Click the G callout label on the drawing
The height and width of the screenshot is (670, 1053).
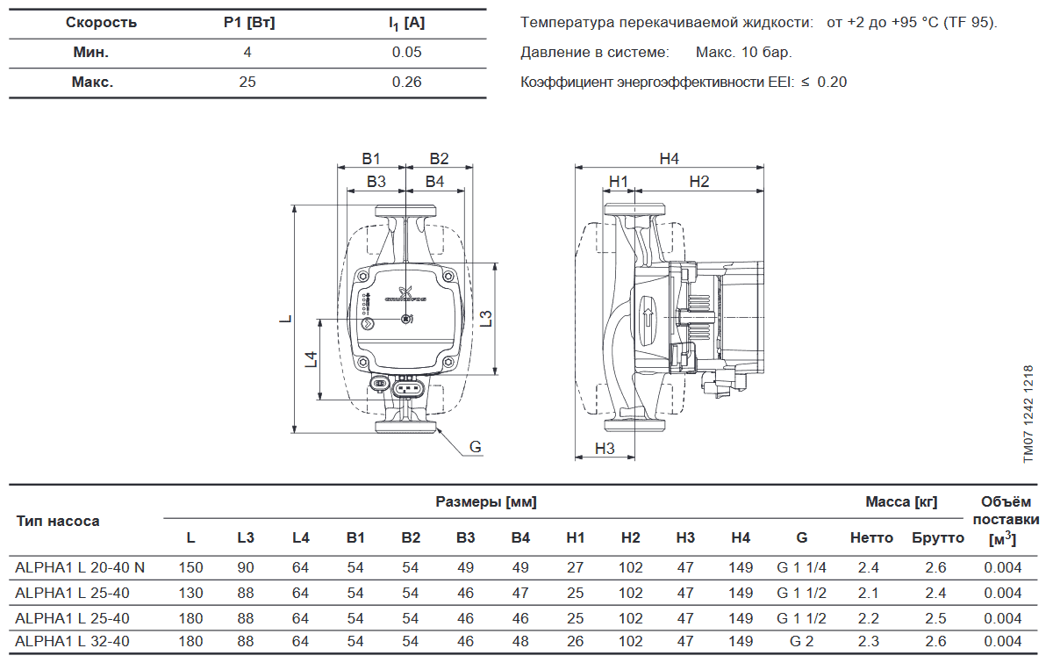(x=476, y=447)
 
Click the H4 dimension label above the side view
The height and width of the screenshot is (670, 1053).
(x=670, y=159)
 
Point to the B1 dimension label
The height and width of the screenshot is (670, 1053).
(x=371, y=159)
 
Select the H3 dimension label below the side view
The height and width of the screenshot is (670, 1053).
(x=605, y=449)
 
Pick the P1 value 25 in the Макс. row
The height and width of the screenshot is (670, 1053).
(x=247, y=83)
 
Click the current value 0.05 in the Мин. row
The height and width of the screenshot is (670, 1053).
(x=407, y=52)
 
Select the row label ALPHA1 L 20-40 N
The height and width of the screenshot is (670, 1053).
(x=80, y=568)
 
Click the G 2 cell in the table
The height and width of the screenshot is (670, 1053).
(x=801, y=642)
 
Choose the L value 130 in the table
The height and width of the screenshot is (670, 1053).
(x=190, y=593)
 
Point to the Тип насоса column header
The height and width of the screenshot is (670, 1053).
(x=58, y=521)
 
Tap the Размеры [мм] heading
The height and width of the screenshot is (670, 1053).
(x=486, y=502)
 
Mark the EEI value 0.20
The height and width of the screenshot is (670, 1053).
(x=832, y=83)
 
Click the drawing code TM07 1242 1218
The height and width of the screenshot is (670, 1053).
(x=1028, y=413)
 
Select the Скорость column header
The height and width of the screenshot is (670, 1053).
(x=101, y=22)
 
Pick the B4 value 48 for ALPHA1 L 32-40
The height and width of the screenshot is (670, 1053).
(x=520, y=642)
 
